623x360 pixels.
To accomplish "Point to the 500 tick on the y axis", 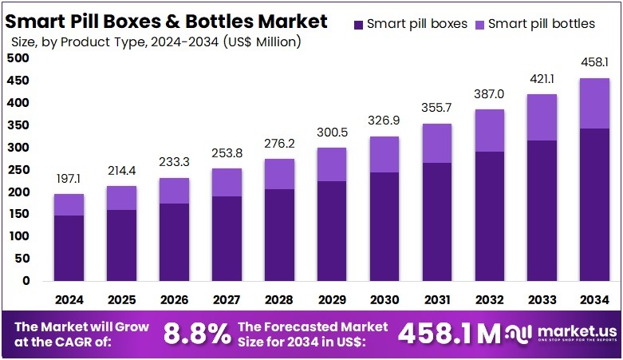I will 19,58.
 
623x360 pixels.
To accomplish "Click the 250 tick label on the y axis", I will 19,170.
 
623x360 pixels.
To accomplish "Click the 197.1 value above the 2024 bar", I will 69,180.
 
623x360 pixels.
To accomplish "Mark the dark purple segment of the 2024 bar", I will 69,247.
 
